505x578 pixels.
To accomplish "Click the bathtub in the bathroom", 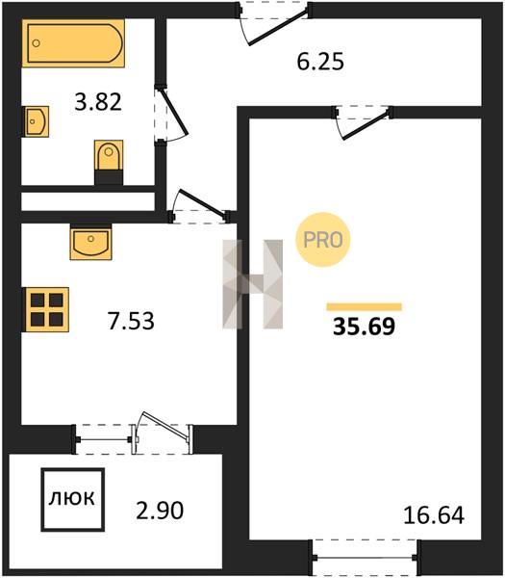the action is coord(73,43).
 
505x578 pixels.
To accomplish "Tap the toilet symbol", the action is coord(109,162).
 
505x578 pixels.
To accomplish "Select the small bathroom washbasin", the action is coord(37,121).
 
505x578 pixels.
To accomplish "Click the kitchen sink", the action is coord(90,242).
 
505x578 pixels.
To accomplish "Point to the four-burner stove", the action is coord(46,309).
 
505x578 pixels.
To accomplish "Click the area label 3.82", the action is coord(98,102).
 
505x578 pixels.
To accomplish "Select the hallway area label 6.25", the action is coord(320,62).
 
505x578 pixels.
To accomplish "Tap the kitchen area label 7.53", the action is coord(131,321).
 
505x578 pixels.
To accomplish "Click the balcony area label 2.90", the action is coord(160,511).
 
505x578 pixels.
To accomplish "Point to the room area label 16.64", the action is coord(434,515).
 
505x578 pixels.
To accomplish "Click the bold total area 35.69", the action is coord(364,327).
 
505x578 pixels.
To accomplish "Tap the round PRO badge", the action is coord(323,240).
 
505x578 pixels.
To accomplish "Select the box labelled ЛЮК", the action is coord(72,499).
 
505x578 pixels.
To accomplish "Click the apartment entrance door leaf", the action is coord(278,28).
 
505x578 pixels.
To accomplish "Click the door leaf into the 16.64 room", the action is coord(366,125).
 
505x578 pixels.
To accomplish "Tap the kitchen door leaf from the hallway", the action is coord(201,203).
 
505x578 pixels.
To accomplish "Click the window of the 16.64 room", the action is coord(365,558).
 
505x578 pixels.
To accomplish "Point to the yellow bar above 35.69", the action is coord(364,306).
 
